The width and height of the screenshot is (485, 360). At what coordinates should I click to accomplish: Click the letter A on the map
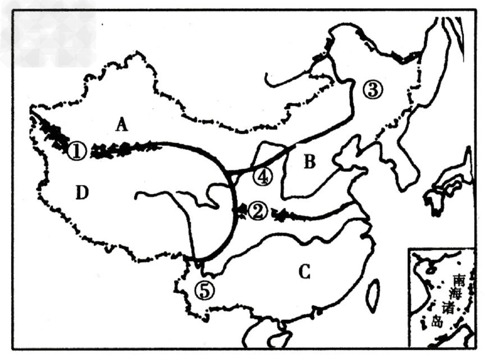pos(122,125)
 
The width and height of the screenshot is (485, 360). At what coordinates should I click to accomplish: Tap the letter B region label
pos(310,161)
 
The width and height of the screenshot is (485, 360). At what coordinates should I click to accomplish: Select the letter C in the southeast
pos(305,272)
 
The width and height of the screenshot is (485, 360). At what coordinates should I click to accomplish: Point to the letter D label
pos(82,193)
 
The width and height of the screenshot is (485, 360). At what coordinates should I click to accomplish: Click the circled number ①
pos(77,151)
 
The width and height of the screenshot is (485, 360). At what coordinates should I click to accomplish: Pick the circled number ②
pos(257,212)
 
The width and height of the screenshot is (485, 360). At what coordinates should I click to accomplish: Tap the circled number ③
pos(373,90)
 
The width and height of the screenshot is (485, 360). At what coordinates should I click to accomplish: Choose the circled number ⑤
pos(205,291)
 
